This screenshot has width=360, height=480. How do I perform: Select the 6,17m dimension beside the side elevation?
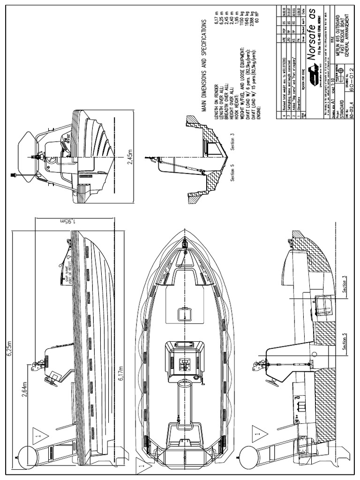point(122,374)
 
